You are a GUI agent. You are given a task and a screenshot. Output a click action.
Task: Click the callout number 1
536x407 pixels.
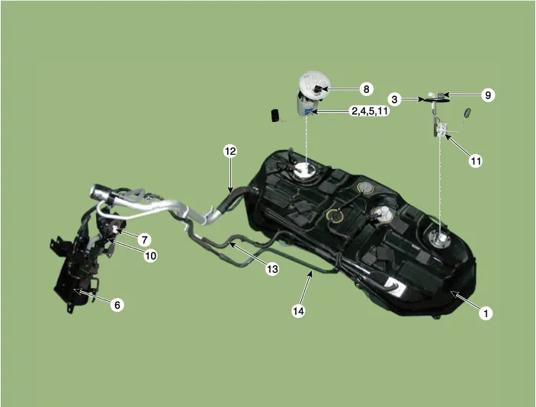pos(486,313)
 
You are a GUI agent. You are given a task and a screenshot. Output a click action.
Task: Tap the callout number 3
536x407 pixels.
pos(395,99)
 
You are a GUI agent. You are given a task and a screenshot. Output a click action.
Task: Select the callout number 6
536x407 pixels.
pos(117,304)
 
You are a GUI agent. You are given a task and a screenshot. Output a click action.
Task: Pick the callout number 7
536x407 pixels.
pos(145,240)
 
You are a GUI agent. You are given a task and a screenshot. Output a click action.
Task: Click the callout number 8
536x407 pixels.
pos(367,89)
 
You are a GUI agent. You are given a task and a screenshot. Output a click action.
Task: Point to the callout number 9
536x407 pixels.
pos(488,95)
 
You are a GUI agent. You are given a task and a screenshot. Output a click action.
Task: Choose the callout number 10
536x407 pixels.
pos(151,255)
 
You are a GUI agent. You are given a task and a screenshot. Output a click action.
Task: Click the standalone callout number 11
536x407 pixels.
pos(476,161)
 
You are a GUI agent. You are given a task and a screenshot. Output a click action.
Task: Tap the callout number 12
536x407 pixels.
pos(230,151)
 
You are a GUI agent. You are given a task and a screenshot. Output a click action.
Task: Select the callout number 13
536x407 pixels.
pos(272,269)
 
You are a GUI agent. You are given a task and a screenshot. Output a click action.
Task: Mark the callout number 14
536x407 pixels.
pos(298,311)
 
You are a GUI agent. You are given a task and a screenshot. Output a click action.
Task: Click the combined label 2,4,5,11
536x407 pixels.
pos(371,111)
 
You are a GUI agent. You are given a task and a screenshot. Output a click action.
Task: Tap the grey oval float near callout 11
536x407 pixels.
pos(467,113)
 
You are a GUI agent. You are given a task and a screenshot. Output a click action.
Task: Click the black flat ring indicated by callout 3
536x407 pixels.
pos(436,100)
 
